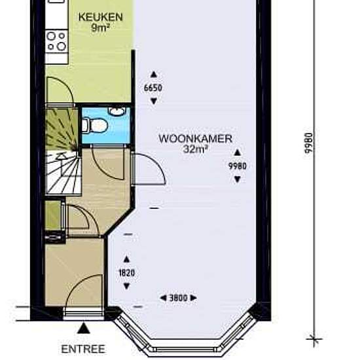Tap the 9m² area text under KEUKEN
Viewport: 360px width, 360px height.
point(100,28)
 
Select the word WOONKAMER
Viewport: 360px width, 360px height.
point(186,139)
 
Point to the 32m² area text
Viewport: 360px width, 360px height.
point(196,149)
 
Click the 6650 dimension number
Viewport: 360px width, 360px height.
point(153,88)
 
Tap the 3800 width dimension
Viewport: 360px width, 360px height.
point(178,298)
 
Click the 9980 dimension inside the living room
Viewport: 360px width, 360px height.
point(237,166)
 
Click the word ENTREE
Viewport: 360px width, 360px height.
point(82,349)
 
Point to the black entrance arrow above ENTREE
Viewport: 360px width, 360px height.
point(83,327)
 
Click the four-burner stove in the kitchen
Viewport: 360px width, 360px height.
point(56,41)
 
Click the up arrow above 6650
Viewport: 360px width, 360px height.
point(153,75)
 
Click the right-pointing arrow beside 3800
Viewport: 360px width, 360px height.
point(194,298)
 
